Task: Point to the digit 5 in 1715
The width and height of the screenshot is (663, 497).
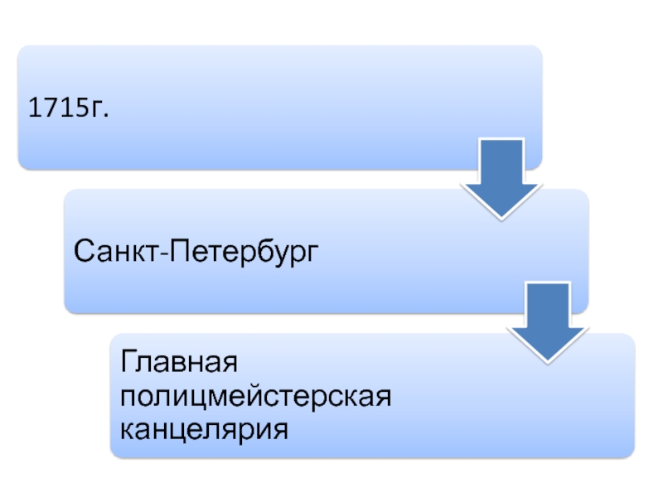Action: pyautogui.click(x=81, y=108)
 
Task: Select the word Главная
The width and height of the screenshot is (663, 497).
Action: pyautogui.click(x=180, y=362)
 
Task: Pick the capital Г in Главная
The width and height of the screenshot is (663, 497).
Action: pyautogui.click(x=128, y=362)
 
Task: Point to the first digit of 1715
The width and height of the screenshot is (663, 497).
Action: pyautogui.click(x=35, y=108)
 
